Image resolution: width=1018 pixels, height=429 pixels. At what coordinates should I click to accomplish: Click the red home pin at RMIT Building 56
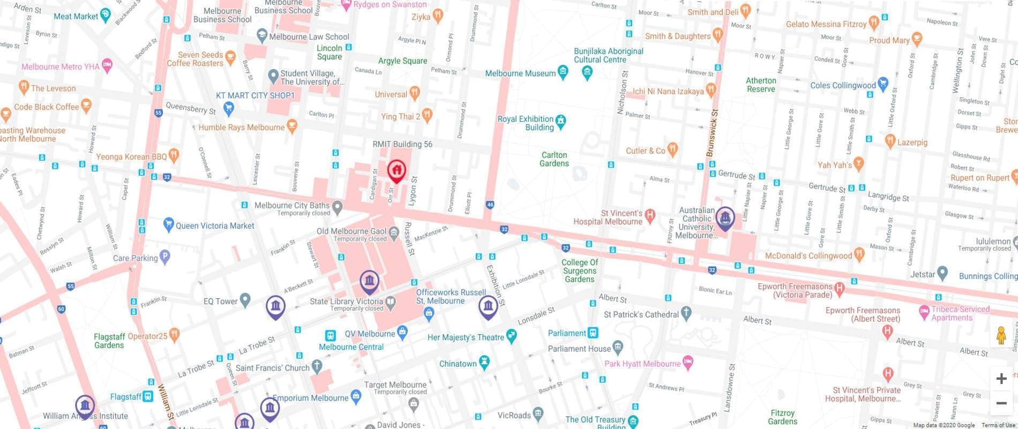396,171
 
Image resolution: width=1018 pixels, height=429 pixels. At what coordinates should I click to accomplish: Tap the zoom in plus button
1001,379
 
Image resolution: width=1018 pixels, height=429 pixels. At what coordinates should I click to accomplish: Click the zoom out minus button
1001,403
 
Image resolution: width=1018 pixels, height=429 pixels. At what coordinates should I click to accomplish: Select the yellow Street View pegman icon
1001,336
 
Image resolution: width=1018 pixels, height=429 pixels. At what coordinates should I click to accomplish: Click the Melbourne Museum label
520,73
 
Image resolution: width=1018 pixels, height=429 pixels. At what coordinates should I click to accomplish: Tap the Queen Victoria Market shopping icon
169,225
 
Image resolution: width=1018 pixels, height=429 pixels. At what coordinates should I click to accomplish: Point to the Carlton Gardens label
554,159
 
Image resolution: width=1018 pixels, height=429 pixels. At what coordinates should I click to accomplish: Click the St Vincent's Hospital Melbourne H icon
650,216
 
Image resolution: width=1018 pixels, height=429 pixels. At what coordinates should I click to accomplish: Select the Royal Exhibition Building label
525,123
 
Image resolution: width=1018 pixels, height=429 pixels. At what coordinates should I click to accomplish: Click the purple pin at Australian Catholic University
725,218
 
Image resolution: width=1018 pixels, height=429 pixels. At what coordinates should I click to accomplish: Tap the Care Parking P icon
165,257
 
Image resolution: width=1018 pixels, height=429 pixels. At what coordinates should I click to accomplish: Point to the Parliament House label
579,349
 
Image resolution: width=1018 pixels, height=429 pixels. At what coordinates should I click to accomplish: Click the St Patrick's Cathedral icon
686,314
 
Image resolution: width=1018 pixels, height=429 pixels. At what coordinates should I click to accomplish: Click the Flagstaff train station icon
147,397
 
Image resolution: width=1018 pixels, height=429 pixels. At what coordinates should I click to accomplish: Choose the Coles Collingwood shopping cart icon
883,84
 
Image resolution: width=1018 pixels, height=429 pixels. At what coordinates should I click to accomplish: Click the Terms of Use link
998,425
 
